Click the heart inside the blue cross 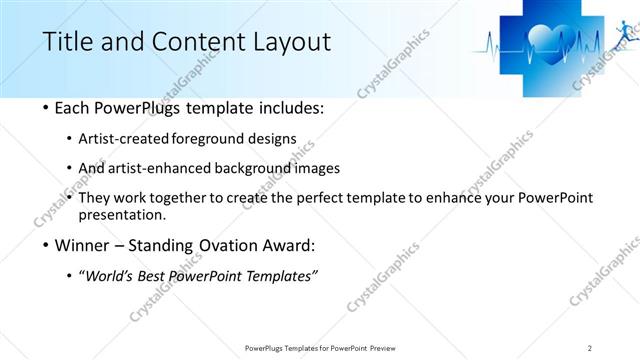[x=548, y=43]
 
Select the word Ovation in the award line [x=222, y=244]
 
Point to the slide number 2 [x=590, y=347]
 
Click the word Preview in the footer [x=388, y=347]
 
